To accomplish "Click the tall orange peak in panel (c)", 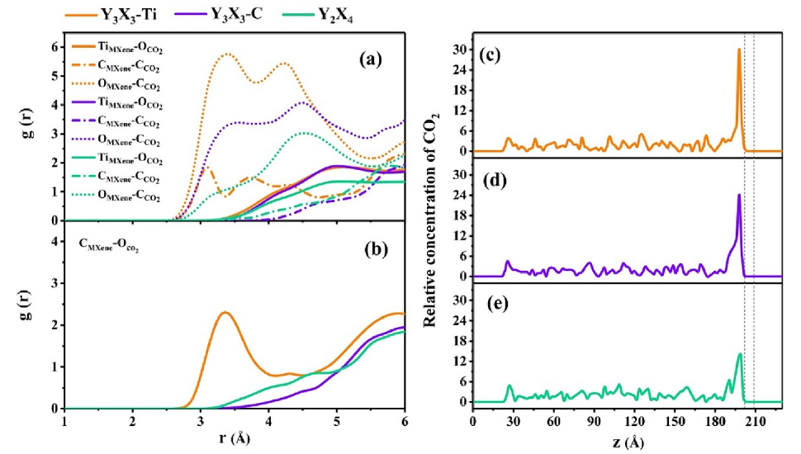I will [x=739, y=50].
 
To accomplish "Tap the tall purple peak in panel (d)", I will [x=739, y=196].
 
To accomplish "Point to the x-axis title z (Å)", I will [x=628, y=442].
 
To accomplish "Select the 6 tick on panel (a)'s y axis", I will [x=55, y=47].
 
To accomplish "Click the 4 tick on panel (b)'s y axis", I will [x=55, y=242].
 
